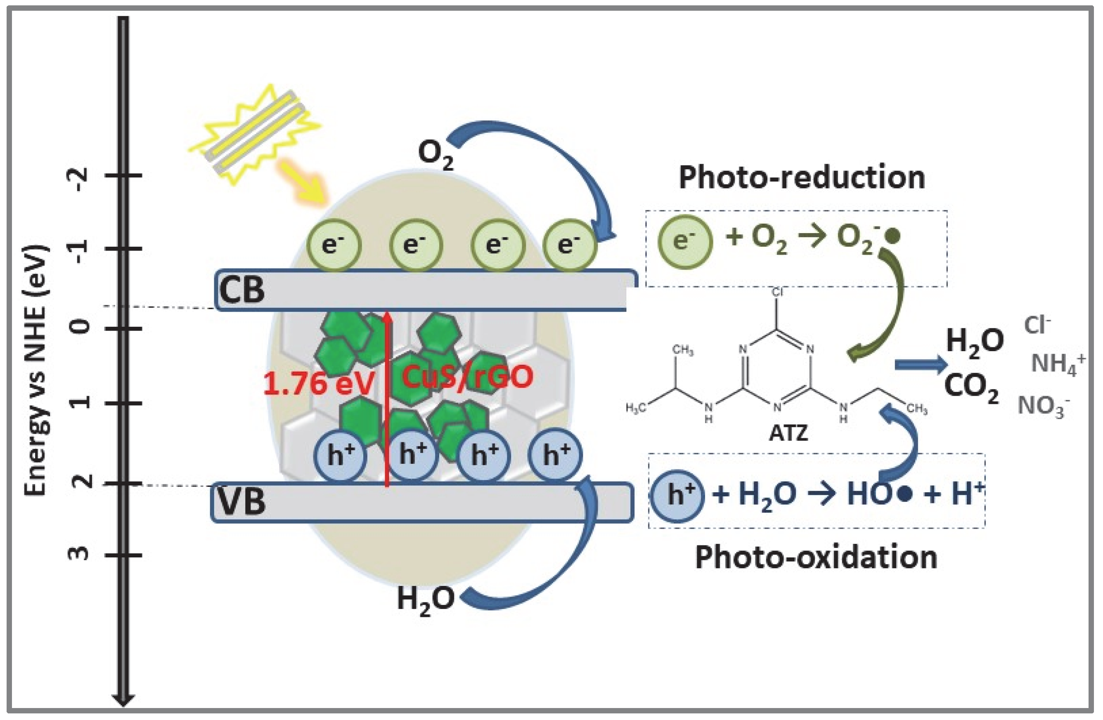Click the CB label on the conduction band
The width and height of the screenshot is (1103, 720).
coord(241,290)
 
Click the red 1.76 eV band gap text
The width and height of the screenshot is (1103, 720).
coord(319,384)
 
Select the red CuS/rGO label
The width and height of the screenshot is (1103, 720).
coord(467,377)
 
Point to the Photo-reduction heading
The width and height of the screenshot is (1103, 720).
coord(802,177)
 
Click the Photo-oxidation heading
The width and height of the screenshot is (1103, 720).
coord(816,557)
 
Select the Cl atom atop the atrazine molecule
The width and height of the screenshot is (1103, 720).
coord(777,293)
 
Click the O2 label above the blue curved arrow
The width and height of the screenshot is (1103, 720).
coord(435,154)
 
